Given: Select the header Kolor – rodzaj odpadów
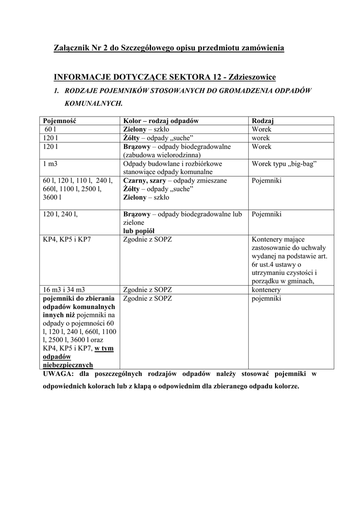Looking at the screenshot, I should (x=161, y=121).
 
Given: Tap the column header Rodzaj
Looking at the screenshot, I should (x=263, y=121).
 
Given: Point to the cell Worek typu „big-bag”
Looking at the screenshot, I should (x=284, y=164).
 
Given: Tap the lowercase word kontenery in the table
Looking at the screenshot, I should (x=266, y=290).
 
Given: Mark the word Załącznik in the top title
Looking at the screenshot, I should (x=71, y=48).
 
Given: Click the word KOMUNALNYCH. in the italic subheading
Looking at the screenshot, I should (x=93, y=104).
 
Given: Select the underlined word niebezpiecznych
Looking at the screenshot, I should (x=68, y=365).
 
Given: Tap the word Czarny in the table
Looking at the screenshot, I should (x=135, y=181).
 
